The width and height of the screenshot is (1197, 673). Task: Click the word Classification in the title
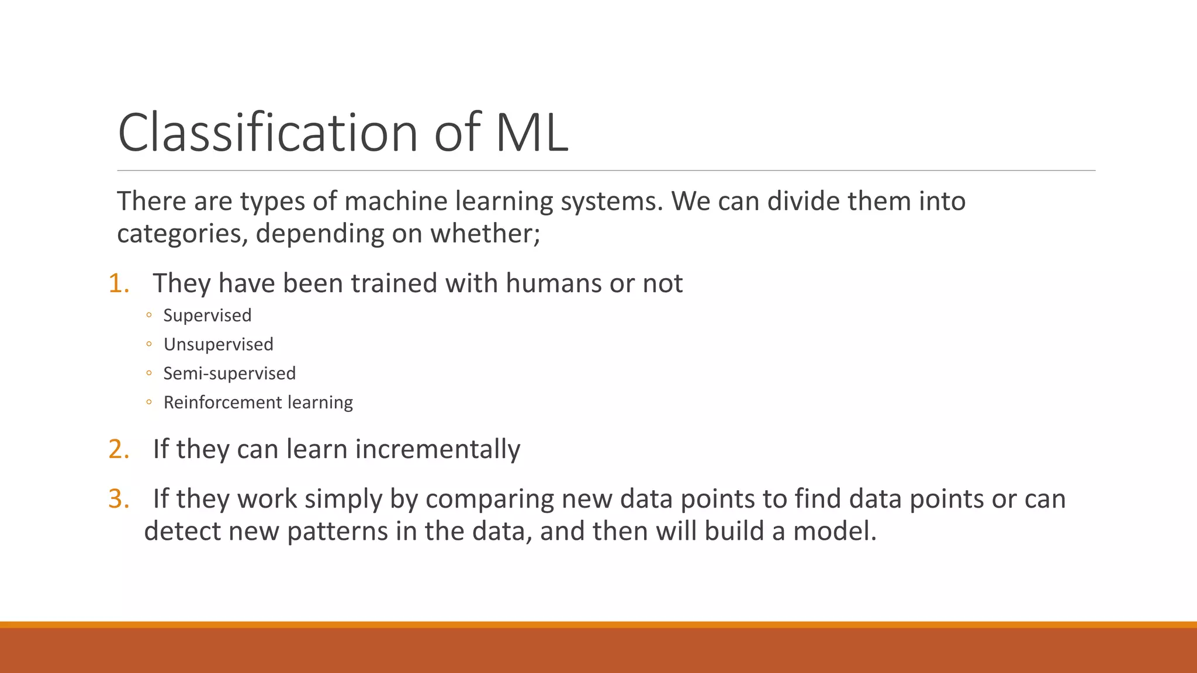coord(268,133)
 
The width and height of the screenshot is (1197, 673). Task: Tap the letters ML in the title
coord(532,133)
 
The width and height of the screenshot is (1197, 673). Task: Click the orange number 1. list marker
coord(119,283)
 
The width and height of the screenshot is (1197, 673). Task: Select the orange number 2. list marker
coord(119,449)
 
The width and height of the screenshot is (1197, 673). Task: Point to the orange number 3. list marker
coord(119,499)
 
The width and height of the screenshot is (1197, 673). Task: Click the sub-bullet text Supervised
coord(207,315)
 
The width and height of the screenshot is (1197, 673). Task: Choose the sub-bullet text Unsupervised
coord(218,345)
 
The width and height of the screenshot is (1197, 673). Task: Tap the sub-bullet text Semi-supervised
coord(229,373)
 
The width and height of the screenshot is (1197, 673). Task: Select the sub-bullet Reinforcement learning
coord(258,403)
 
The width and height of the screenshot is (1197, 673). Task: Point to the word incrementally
coord(437,449)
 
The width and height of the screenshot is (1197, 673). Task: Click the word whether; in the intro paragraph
coord(485,234)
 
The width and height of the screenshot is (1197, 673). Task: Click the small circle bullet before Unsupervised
coord(149,345)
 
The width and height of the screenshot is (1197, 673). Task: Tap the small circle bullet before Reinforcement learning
coord(149,403)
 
